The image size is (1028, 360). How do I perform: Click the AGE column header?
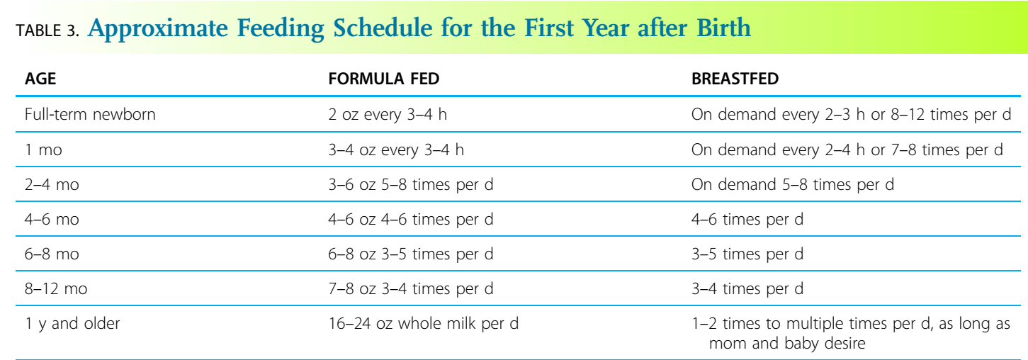tap(40, 79)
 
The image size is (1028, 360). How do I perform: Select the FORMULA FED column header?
tap(384, 79)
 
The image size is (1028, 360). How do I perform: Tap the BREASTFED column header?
tap(735, 79)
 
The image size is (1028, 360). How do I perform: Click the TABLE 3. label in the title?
tap(47, 30)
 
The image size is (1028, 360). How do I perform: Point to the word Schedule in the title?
tap(383, 28)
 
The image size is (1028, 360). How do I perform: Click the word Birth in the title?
tap(724, 28)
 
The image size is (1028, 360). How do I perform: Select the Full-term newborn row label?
tap(90, 114)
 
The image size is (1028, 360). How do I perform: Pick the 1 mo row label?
tap(44, 150)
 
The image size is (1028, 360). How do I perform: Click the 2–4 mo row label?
tap(52, 184)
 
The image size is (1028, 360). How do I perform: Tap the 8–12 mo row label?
tap(56, 289)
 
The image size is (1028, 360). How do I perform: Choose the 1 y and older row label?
tap(72, 324)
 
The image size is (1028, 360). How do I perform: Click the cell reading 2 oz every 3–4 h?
tap(388, 114)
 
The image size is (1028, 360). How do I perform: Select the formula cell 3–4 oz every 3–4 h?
tap(395, 150)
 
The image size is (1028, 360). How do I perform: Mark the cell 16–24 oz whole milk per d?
tap(423, 324)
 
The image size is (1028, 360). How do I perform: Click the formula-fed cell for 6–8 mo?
tap(411, 254)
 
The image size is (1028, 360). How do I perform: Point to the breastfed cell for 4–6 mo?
tap(747, 220)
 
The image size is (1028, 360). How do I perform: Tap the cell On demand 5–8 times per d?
tap(793, 184)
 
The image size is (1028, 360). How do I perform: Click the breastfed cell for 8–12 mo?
tap(747, 289)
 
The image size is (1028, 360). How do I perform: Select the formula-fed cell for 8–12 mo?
tap(411, 289)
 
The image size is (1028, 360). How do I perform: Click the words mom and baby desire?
tap(787, 344)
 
